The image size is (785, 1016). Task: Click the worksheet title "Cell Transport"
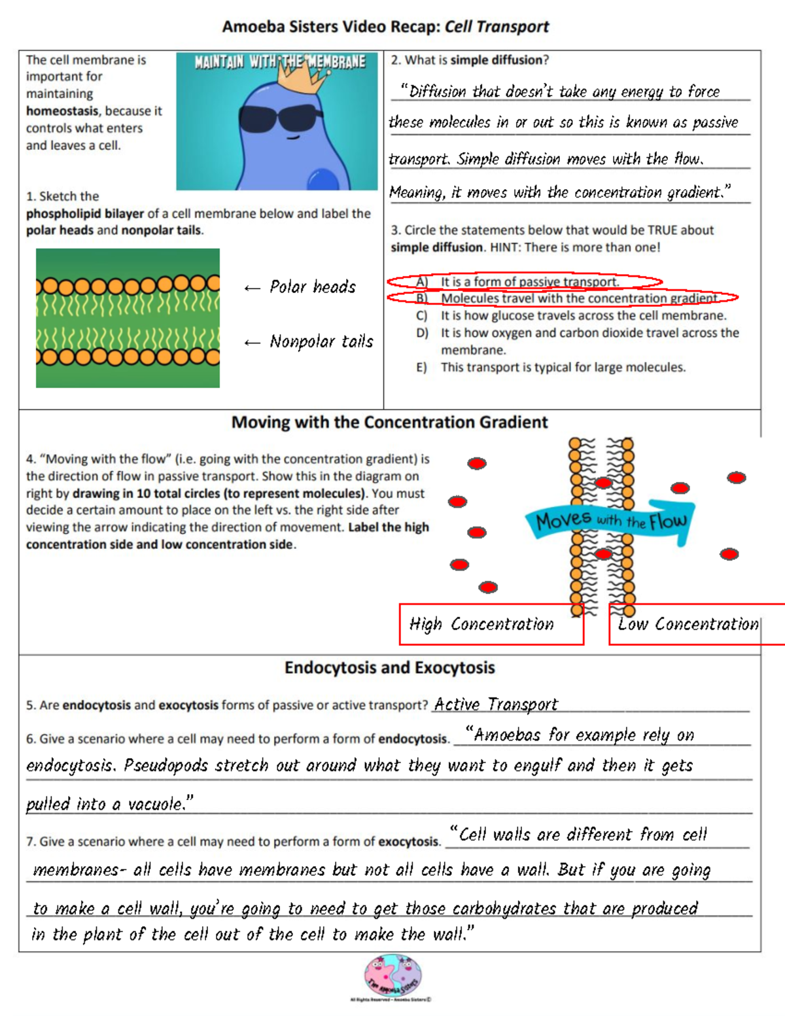tap(497, 27)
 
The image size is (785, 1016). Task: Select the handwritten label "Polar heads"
tap(313, 287)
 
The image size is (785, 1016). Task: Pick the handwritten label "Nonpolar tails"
tap(321, 342)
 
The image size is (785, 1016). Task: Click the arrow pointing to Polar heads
tap(252, 288)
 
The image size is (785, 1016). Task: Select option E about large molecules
tap(563, 368)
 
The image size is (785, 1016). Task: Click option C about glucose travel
tap(583, 316)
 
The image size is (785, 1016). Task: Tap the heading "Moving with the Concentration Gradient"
tap(389, 423)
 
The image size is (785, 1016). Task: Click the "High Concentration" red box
tap(491, 625)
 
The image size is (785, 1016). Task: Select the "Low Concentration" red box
tap(688, 625)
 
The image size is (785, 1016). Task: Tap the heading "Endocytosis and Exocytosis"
tap(389, 668)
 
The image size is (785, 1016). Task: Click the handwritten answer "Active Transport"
tap(496, 705)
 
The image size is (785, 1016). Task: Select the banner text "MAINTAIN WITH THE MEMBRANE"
tap(279, 62)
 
